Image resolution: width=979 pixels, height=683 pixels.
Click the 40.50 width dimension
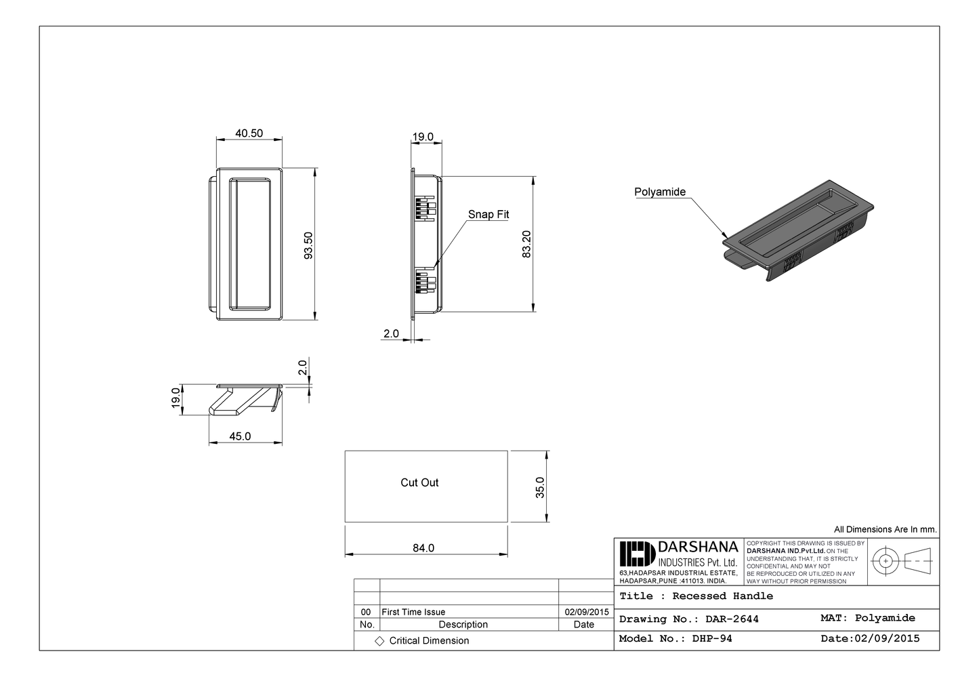[x=249, y=133]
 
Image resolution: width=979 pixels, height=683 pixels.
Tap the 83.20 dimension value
[x=526, y=244]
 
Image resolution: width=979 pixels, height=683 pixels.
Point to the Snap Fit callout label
[x=488, y=214]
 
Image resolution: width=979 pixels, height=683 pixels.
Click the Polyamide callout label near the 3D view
[x=659, y=192]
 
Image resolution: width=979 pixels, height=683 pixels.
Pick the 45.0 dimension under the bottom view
[x=240, y=436]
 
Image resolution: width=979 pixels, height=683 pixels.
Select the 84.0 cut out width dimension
[x=423, y=547]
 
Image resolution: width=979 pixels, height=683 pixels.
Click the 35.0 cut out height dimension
[x=540, y=487]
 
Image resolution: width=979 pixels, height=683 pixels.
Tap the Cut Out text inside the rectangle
[x=419, y=482]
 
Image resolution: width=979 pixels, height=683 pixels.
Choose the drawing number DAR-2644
[x=689, y=619]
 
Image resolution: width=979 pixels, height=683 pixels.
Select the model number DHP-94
[x=675, y=638]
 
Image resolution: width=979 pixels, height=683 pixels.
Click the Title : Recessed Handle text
[x=696, y=596]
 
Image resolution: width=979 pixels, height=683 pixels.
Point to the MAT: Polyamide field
[x=867, y=618]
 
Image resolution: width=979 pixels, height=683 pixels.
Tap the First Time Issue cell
[x=413, y=612]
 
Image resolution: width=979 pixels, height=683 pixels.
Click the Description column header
[x=463, y=625]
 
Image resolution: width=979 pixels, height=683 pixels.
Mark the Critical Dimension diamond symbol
[x=379, y=641]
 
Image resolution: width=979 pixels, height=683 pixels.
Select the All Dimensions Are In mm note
[x=885, y=530]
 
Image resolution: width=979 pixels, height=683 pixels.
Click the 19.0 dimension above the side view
[x=423, y=137]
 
